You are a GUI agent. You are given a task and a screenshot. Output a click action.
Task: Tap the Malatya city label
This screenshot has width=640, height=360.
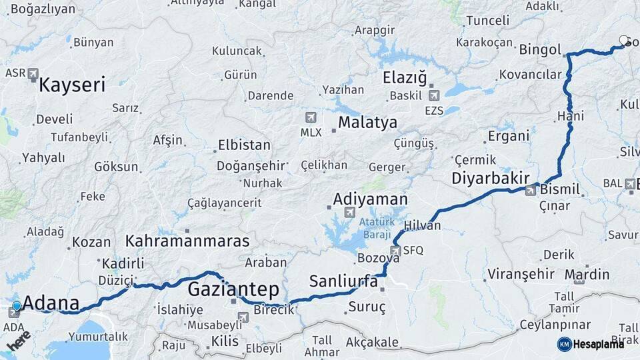coord(367,123)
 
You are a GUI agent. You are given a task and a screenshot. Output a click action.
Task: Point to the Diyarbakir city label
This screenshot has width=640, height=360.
coord(490,178)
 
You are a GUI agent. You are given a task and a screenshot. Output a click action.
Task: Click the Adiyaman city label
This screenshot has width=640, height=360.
coord(370,199)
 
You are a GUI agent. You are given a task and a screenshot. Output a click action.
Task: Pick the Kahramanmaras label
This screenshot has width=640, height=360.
coord(187,241)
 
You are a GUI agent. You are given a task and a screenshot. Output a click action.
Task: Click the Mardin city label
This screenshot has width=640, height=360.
coord(587,274)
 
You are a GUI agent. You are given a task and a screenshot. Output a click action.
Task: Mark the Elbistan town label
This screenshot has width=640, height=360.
coord(244,145)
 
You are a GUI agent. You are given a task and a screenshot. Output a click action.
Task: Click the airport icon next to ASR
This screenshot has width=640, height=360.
coord(33,73)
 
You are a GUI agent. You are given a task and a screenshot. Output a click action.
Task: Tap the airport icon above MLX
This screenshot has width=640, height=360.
coord(311,117)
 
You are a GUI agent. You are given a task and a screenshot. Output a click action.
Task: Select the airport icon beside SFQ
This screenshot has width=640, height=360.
coord(396,250)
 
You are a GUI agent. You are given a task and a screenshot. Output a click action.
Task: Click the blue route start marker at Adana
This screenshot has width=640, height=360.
coord(17,305)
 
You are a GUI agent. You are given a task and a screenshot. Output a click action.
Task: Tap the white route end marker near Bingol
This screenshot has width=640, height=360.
coord(623,41)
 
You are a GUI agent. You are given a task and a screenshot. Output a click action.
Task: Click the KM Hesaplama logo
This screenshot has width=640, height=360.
coord(591,344)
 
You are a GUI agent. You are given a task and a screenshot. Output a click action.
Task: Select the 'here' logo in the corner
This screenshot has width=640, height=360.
coord(19,341)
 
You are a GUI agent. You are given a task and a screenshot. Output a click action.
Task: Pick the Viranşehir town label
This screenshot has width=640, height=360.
coord(521,274)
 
